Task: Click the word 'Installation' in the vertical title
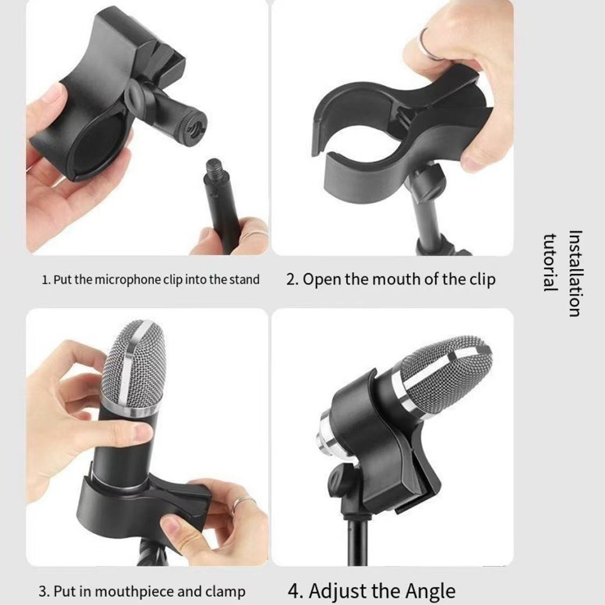click(x=575, y=273)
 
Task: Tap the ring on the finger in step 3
click(x=243, y=502)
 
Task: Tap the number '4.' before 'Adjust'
click(x=296, y=591)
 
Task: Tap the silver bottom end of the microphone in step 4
click(x=326, y=436)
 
